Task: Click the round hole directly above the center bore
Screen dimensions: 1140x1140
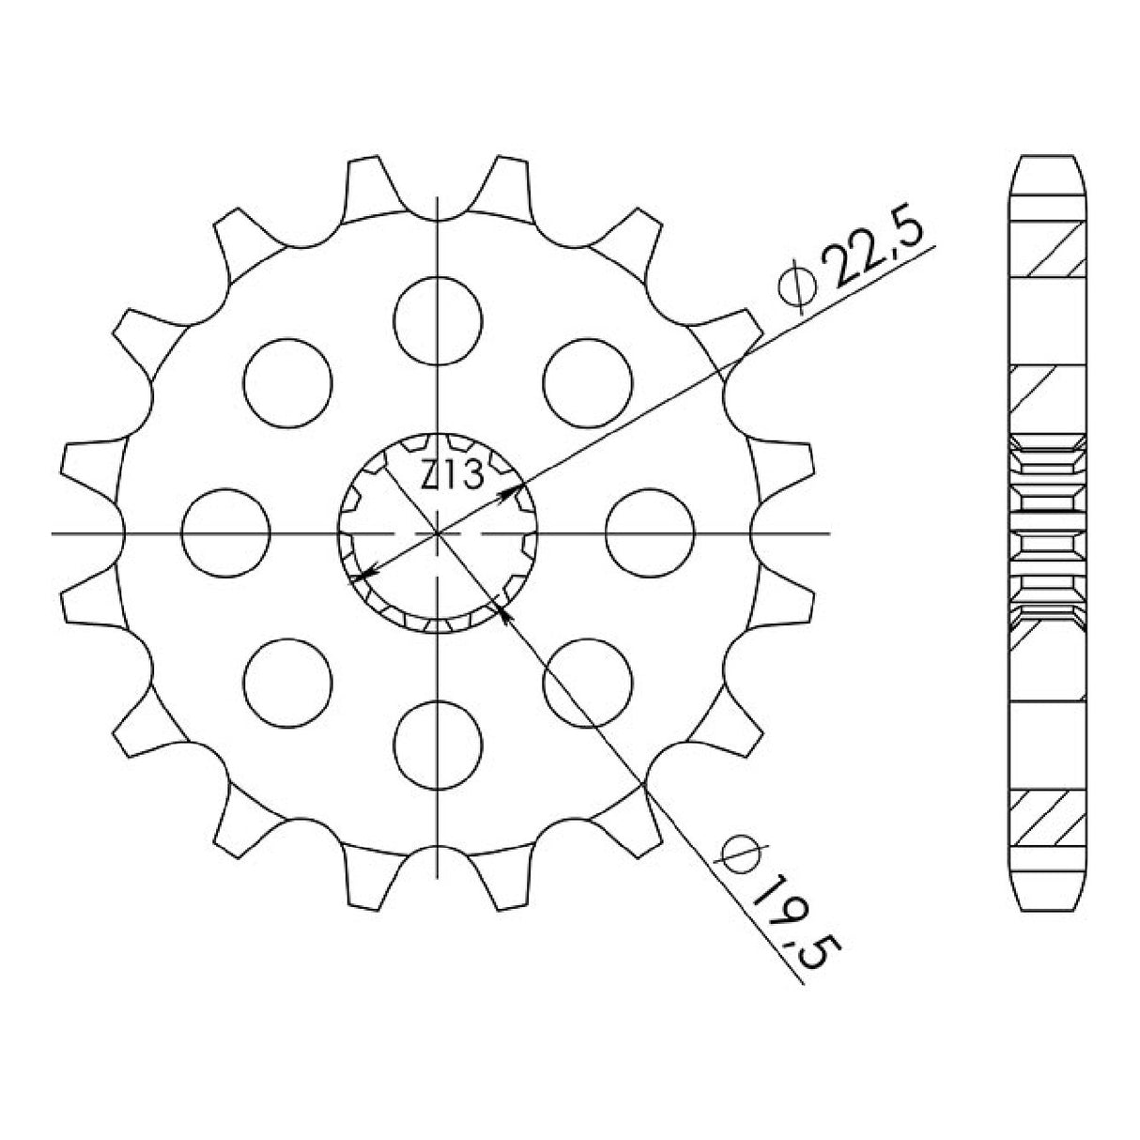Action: (438, 319)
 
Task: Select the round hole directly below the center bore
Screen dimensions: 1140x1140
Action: (438, 744)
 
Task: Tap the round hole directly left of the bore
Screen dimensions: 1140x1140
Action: (225, 532)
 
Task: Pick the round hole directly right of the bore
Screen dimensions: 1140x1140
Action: (650, 532)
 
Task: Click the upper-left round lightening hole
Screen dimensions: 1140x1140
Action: (287, 381)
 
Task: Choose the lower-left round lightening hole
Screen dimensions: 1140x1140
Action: (287, 683)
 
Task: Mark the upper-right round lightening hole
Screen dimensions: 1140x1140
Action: (588, 381)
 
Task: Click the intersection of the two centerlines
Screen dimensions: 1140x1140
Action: (438, 533)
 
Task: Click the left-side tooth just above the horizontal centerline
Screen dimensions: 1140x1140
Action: (90, 464)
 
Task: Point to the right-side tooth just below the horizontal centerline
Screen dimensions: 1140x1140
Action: (785, 602)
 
